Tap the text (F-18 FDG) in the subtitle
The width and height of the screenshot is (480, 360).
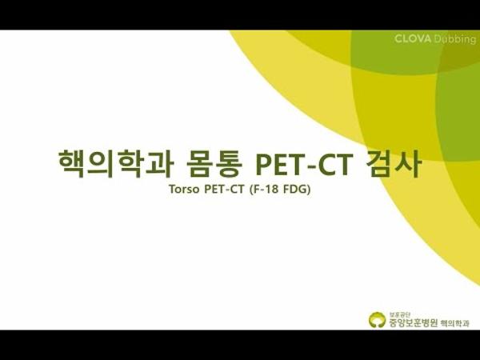279,193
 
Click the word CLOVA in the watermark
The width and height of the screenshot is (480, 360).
414,38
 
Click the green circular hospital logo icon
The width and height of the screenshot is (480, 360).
376,320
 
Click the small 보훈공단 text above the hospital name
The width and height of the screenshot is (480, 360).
398,313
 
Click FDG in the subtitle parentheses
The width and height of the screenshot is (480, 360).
295,193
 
